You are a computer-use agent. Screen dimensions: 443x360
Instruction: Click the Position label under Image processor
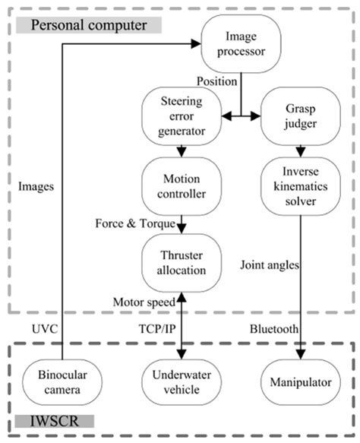pos(216,81)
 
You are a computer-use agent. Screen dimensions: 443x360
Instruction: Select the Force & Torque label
pos(134,223)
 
